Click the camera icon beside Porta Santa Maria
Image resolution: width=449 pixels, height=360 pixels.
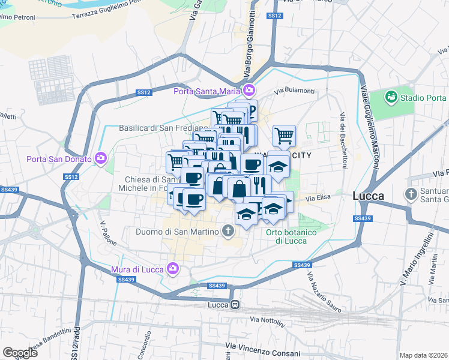(x=249, y=91)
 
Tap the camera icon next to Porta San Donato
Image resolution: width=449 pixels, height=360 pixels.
(x=101, y=159)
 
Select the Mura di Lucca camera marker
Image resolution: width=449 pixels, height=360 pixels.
(x=173, y=268)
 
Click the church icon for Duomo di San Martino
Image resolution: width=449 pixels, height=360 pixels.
(x=228, y=230)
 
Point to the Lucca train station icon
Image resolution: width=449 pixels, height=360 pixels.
(x=237, y=305)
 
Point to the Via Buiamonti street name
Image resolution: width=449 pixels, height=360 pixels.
(x=294, y=91)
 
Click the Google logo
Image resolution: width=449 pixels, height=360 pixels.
(x=20, y=353)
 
